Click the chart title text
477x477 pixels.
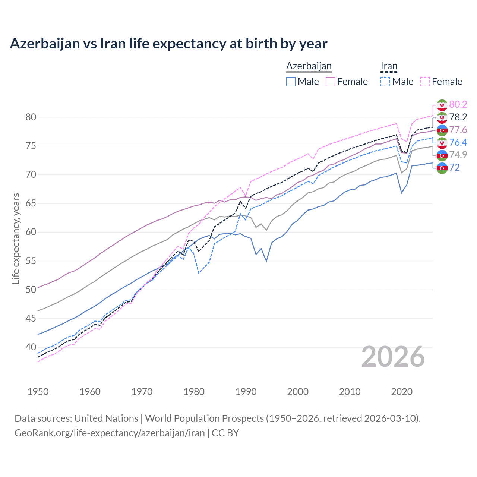[168, 44]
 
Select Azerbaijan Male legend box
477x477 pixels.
[291, 82]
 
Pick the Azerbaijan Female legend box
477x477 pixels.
[331, 82]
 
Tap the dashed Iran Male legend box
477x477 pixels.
[385, 82]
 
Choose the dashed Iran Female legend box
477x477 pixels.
[425, 82]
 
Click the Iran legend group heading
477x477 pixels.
[389, 66]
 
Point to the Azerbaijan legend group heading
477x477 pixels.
[309, 66]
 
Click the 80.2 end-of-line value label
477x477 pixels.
[458, 104]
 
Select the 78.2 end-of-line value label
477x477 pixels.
[458, 117]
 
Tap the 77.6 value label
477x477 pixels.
[458, 130]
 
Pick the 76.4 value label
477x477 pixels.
[458, 142]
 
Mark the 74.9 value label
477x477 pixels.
[458, 155]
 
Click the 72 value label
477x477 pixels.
[455, 167]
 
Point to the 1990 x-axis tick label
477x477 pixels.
[246, 392]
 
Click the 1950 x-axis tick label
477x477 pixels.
[38, 392]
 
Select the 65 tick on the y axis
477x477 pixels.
[31, 203]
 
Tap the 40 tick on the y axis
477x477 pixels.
[31, 347]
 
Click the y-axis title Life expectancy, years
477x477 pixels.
[16, 238]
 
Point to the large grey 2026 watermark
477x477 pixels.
[393, 357]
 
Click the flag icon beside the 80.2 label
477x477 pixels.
[442, 105]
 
